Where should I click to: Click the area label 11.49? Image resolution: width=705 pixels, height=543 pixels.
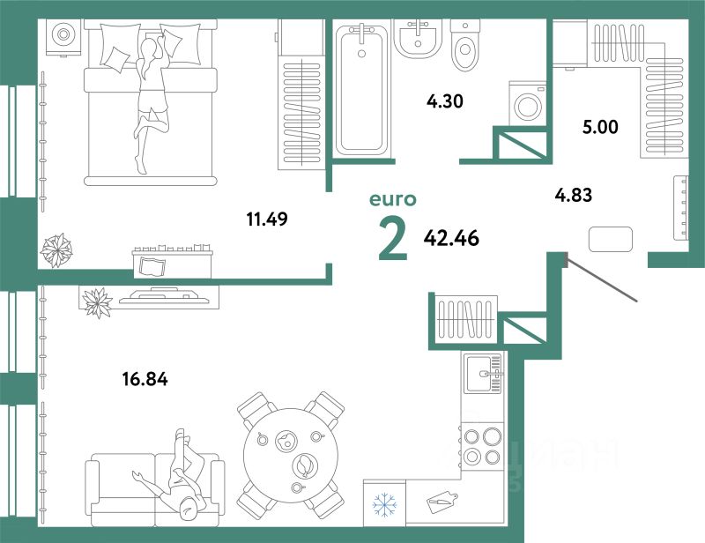(269, 218)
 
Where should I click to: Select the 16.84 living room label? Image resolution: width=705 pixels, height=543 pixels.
(145, 380)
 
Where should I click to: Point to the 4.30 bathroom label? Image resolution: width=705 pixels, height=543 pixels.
(445, 100)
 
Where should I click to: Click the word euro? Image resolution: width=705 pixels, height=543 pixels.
(391, 202)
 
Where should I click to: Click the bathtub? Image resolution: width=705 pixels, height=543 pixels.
(361, 88)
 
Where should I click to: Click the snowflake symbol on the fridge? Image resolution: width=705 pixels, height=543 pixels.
(384, 506)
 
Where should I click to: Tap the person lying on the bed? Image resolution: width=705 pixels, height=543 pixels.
(150, 97)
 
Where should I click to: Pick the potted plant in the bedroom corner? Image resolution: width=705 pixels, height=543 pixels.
(57, 249)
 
